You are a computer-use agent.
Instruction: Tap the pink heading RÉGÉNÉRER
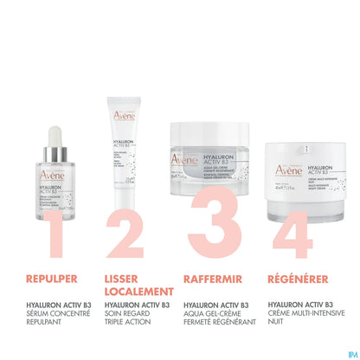(297, 280)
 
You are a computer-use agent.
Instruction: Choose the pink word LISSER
(120, 280)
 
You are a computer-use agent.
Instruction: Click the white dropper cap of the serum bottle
(55, 138)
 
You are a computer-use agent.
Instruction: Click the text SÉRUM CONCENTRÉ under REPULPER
(53, 316)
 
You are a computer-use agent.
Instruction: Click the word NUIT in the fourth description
(275, 325)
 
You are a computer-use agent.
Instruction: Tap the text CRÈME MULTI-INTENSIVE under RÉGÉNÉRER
(305, 316)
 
